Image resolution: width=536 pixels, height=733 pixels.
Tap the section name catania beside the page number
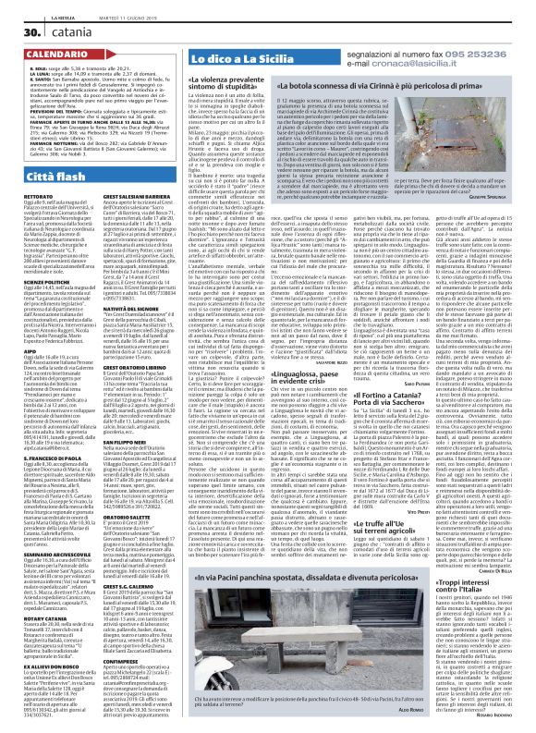point(51,32)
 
